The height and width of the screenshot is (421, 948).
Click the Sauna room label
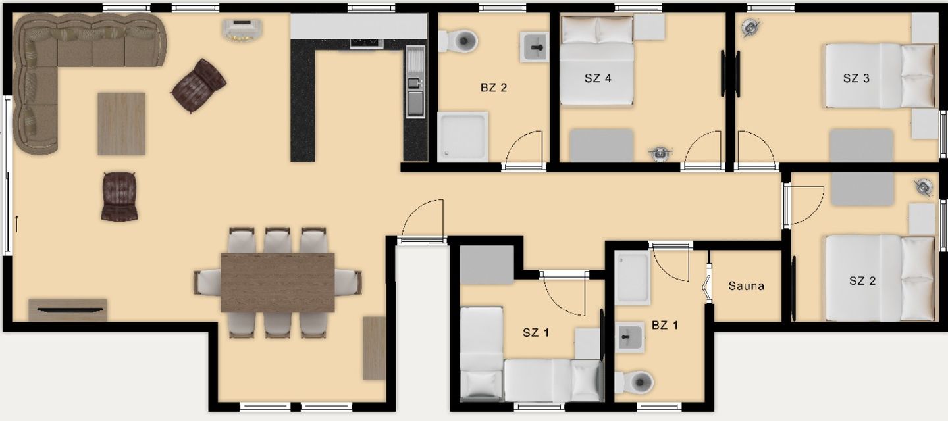pos(746,286)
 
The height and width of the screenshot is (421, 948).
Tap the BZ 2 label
pos(494,87)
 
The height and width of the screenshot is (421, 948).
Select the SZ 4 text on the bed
pos(598,78)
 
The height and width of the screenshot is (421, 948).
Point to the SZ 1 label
pos(536,333)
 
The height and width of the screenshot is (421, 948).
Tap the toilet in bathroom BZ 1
pos(635,383)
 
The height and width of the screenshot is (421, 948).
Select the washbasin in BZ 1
pos(630,337)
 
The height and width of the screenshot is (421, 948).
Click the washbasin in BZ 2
pos(535,47)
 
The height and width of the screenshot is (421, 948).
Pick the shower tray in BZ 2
pos(463,137)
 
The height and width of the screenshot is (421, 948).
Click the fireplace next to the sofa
pos(242,30)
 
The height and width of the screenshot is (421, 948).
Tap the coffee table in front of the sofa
pos(121,124)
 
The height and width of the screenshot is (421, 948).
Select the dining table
pos(278,282)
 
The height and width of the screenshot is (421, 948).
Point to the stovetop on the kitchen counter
pos(367,43)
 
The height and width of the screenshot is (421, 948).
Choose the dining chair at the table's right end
pos(348,282)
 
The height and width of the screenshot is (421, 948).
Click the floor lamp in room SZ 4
pos(660,153)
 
